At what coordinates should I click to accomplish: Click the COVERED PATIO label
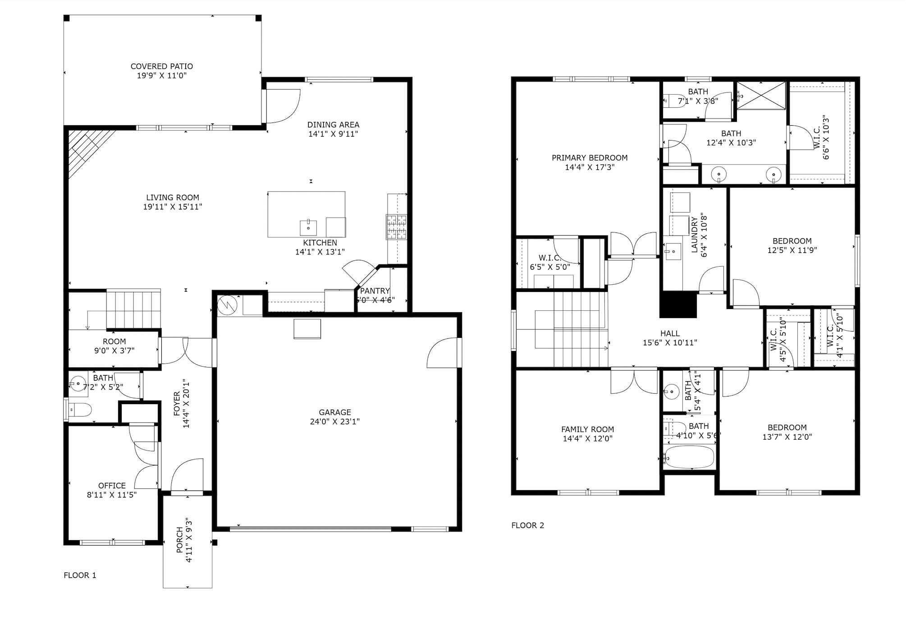click(161, 66)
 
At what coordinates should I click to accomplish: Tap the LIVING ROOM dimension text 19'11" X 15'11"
click(172, 207)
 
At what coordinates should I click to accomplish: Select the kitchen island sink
click(308, 227)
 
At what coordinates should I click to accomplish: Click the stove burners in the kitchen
click(396, 227)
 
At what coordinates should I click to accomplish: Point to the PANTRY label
click(375, 291)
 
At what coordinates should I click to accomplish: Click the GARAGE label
click(334, 412)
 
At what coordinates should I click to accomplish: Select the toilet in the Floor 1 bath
click(81, 409)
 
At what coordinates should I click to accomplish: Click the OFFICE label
click(112, 486)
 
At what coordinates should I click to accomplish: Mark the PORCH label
click(179, 540)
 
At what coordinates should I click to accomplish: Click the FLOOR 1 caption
click(80, 575)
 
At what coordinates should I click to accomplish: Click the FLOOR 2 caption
click(527, 525)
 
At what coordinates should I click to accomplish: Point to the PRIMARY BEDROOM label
click(590, 158)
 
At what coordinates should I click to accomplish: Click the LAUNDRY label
click(694, 234)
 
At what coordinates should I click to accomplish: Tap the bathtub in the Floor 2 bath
click(690, 457)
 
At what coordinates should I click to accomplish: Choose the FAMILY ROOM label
click(587, 429)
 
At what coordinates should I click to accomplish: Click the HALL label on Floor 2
click(670, 333)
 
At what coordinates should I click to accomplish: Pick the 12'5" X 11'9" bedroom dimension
click(792, 250)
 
